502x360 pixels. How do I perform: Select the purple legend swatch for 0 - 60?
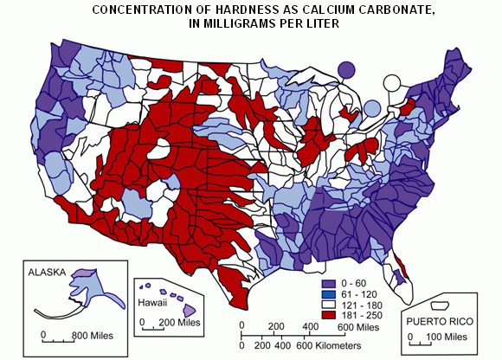coord(326,284)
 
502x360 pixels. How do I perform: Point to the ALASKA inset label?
coord(47,272)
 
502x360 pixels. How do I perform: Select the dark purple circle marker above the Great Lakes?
coord(346,69)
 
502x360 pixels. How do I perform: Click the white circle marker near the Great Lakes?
coord(392,84)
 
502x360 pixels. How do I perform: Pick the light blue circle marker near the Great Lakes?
coord(372,108)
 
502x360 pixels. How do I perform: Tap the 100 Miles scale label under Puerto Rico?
coord(449,336)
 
